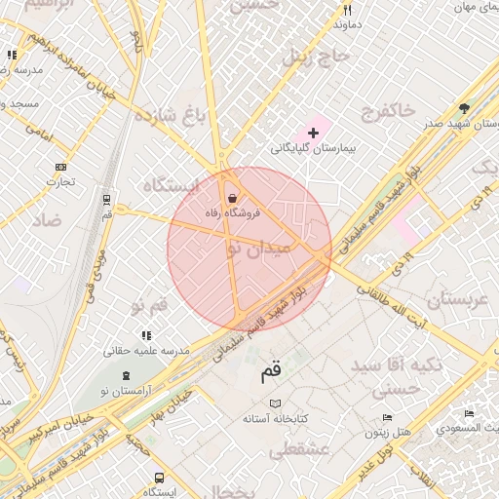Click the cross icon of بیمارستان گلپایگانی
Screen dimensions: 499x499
pos(313,132)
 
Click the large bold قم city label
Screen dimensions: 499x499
pos(271,371)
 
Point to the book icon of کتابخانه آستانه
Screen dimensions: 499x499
pos(275,403)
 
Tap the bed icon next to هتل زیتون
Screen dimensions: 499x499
pos(388,418)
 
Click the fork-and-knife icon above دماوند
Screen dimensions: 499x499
pos(347,10)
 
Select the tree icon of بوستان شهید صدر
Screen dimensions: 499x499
pos(464,109)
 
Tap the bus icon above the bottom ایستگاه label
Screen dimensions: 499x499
pos(159,478)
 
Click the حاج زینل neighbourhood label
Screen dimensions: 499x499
pos(315,57)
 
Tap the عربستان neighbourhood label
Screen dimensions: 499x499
pos(450,299)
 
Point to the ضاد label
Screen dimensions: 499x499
pos(46,220)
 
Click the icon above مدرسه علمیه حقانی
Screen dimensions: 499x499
pos(146,335)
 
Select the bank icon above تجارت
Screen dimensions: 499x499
pos(61,167)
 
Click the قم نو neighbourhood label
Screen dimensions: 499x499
pos(149,305)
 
